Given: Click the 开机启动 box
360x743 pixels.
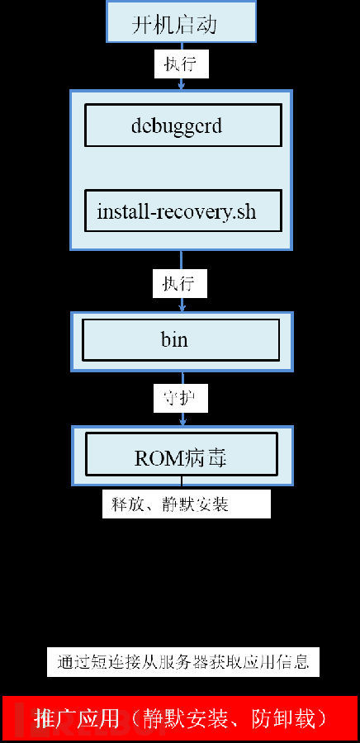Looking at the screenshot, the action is [182, 21].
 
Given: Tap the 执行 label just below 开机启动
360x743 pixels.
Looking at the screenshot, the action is [181, 64].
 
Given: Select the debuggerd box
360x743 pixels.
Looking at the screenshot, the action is [183, 125].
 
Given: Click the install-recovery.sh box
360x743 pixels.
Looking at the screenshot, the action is [183, 211].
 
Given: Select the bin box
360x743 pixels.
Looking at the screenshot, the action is [181, 340].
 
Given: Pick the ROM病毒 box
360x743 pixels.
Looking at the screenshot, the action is [182, 454].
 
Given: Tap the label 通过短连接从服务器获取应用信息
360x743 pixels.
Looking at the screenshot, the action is [183, 661].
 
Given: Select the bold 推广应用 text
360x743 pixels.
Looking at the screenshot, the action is [77, 719].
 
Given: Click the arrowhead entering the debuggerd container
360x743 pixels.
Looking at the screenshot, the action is [181, 86].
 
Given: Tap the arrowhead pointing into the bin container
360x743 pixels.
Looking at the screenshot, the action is [181, 308].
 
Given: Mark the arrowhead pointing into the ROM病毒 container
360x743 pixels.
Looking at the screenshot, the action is [182, 421].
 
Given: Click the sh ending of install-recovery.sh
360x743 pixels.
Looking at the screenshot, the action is [246, 211].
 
